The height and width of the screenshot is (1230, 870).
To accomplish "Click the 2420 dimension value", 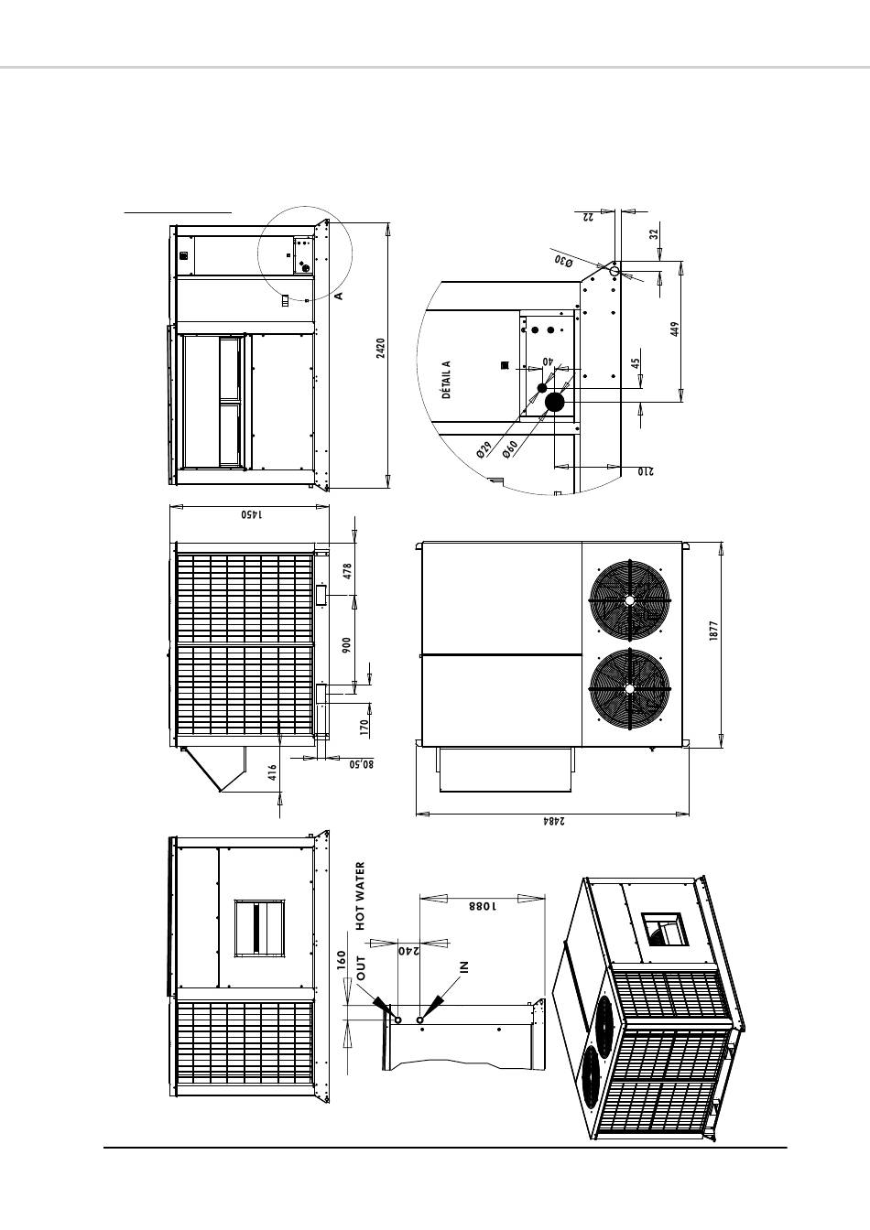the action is click(381, 348).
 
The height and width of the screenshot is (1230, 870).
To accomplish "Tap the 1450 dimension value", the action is click(253, 514).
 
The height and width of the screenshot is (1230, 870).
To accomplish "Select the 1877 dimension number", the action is click(714, 631).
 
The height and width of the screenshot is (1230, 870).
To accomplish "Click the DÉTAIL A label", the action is click(446, 380).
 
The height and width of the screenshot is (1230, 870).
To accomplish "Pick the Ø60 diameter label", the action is click(510, 448).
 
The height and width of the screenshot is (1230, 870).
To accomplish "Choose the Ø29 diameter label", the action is click(484, 449).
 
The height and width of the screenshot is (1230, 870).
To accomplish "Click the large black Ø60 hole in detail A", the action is click(555, 403).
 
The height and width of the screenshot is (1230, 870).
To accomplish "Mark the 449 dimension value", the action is click(676, 329).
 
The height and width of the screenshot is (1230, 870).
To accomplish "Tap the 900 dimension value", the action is click(346, 645).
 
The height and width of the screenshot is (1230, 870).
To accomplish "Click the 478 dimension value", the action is click(346, 572).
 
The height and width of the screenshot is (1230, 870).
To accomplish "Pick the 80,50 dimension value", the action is click(362, 764).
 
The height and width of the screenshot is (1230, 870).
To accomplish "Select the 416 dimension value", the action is click(272, 772).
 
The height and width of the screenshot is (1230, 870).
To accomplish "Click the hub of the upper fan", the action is click(629, 600).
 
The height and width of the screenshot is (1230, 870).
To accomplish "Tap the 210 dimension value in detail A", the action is click(646, 471).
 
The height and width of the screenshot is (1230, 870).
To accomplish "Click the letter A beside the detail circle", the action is click(339, 296).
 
